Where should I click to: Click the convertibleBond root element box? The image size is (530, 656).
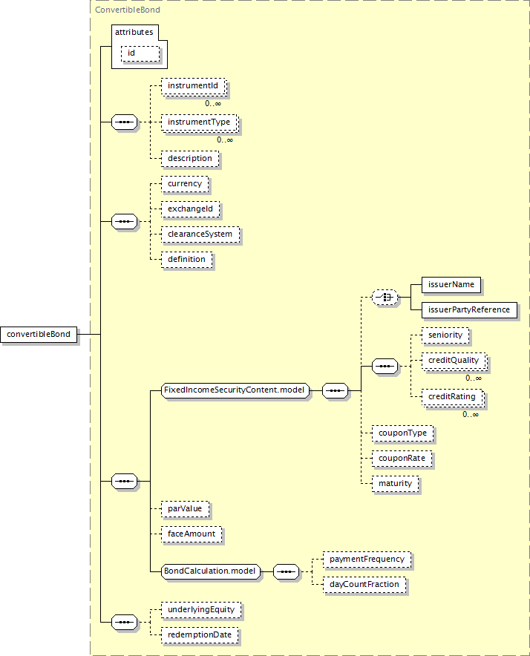click(39, 334)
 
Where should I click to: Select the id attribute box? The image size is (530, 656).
click(140, 53)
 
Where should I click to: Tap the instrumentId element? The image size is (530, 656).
click(194, 86)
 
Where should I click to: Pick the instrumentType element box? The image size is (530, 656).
click(200, 122)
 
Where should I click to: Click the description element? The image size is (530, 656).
click(190, 159)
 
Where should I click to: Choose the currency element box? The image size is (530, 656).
click(185, 184)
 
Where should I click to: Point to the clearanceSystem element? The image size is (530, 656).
click(200, 234)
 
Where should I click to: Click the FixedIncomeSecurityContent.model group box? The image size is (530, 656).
click(235, 390)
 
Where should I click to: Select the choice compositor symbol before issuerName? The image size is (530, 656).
click(385, 298)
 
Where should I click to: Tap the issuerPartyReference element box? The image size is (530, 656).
click(469, 310)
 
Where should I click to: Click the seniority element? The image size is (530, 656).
click(445, 335)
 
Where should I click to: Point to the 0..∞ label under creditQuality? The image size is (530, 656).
click(474, 378)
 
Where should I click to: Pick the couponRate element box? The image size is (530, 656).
click(402, 459)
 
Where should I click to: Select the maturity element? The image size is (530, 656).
click(395, 484)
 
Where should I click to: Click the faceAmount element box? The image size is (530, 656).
click(192, 534)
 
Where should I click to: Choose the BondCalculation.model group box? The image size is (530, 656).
click(210, 571)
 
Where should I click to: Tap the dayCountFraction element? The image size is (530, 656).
click(364, 585)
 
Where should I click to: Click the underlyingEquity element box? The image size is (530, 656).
click(201, 610)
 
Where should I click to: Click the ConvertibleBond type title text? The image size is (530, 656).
click(128, 10)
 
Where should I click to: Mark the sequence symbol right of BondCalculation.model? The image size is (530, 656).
click(286, 571)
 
